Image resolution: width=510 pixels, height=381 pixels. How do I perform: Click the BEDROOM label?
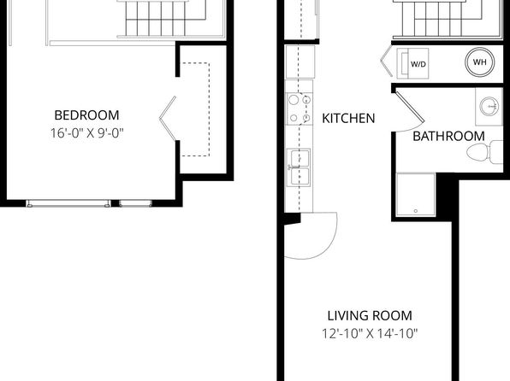[86, 115]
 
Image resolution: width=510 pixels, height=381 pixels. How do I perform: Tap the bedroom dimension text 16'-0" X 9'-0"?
[86, 133]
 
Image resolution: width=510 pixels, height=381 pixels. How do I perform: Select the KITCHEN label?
[348, 118]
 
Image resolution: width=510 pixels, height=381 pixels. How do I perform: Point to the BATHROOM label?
[448, 136]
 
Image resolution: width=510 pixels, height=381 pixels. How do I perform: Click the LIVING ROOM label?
[370, 316]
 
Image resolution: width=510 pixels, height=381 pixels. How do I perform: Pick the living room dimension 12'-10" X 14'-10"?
[370, 333]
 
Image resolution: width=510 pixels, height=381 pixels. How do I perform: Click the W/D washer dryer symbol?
[412, 63]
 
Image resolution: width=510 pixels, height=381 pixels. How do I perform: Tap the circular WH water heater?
[480, 62]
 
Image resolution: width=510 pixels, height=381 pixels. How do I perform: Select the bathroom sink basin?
[489, 106]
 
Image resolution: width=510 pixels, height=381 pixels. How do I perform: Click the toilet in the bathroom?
[484, 152]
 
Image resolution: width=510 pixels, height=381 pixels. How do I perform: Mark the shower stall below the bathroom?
[416, 194]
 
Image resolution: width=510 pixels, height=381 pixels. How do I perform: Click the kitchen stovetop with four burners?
[299, 108]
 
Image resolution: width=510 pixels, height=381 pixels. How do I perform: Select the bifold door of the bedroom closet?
[168, 118]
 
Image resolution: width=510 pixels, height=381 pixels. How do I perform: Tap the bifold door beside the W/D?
[387, 61]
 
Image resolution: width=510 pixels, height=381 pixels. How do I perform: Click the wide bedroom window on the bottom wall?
[68, 203]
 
